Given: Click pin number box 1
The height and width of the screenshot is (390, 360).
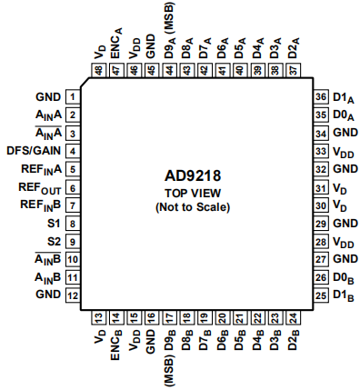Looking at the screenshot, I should [70, 96].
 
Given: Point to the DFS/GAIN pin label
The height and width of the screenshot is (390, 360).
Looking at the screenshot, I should [33, 150].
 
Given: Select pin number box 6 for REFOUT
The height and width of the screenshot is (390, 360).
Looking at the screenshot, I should [70, 186].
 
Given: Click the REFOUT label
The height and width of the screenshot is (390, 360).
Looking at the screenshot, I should [37, 186].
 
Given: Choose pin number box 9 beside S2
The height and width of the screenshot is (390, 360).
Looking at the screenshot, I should [70, 241].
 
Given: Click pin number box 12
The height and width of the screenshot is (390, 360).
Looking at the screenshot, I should [70, 295].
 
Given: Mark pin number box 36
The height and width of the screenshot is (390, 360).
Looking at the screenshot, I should [320, 96].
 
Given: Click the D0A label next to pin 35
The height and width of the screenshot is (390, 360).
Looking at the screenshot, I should [344, 115].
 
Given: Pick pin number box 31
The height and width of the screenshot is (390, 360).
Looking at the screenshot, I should [320, 187].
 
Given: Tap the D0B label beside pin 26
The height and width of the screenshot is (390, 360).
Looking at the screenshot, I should [344, 277].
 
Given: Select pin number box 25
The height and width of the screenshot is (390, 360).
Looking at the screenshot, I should [320, 295].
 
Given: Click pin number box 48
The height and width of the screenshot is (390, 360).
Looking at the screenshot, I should [98, 70].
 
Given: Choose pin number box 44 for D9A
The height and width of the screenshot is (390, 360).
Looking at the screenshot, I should [170, 70].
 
